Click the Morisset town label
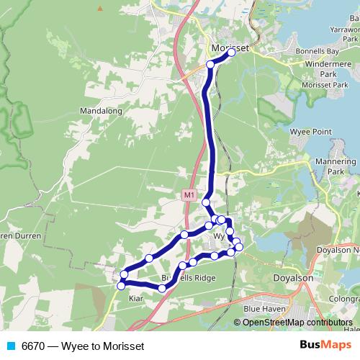tap(230, 48)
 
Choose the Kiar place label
tap(136, 297)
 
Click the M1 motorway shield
tap(188, 194)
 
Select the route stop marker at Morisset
tap(232, 53)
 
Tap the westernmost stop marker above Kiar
tap(120, 286)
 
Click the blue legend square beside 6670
tap(10, 346)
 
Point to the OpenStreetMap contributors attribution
tap(297, 322)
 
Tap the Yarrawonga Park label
tap(343, 34)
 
